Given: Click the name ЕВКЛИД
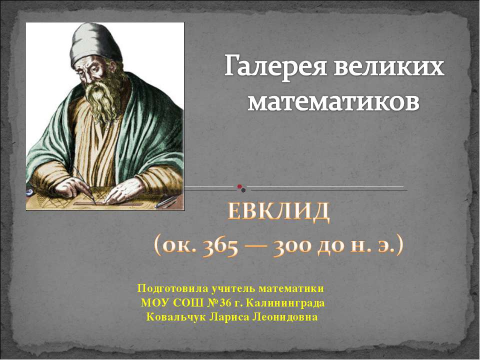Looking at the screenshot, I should (x=279, y=213).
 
